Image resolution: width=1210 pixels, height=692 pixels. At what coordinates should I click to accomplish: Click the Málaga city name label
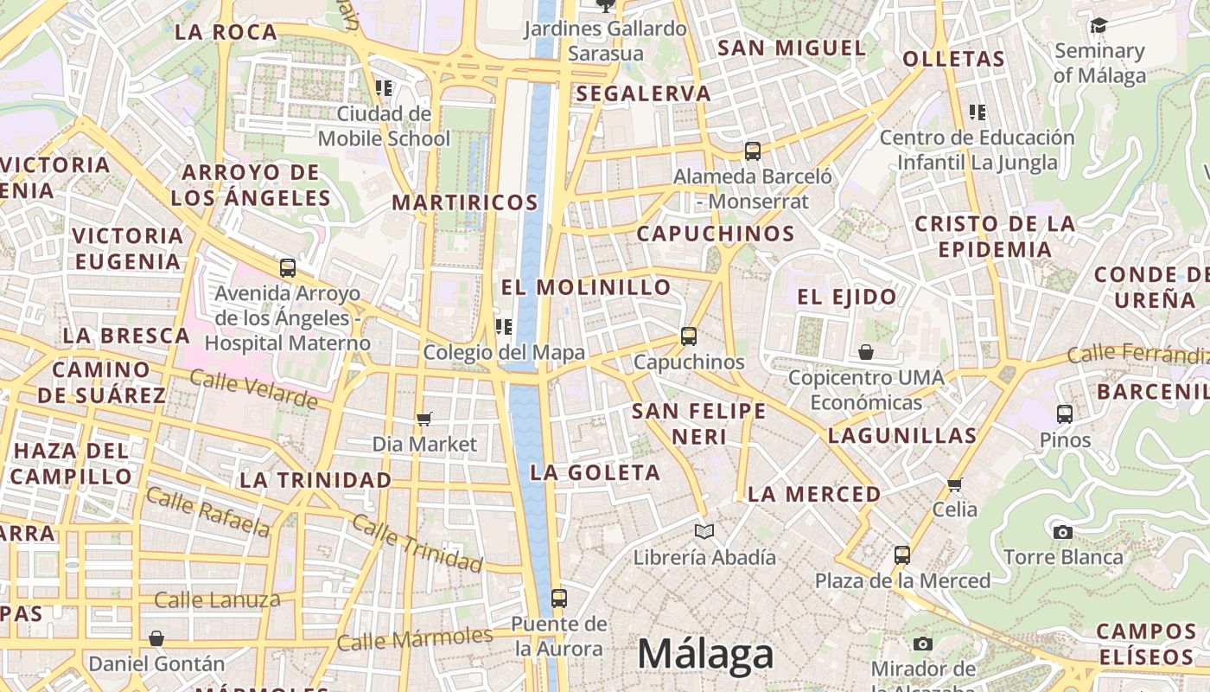[x=705, y=655]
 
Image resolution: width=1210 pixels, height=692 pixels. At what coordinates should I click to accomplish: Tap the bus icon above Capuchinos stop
[x=689, y=336]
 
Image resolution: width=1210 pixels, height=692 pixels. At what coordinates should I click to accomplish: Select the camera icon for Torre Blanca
[x=1063, y=532]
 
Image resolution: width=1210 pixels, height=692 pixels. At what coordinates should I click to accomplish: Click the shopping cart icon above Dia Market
[x=423, y=419]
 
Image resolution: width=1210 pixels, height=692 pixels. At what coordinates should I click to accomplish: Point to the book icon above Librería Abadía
[x=704, y=531]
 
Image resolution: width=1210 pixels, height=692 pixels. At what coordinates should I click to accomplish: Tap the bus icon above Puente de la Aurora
[x=559, y=598]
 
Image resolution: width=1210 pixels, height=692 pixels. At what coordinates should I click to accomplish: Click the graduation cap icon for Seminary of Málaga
[x=1099, y=26]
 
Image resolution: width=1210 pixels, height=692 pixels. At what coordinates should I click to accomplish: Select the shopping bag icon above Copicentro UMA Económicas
[x=865, y=352]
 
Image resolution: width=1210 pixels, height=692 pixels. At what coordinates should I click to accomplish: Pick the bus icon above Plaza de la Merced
[x=902, y=554]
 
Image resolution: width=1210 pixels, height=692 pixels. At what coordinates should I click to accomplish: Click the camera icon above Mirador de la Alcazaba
[x=923, y=644]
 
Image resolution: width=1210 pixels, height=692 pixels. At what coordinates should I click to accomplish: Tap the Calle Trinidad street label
[x=417, y=544]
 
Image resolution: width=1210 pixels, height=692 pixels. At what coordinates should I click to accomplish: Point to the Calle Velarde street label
[x=253, y=389]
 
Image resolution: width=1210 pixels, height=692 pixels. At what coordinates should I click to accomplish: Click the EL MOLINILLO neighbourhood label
[x=586, y=287]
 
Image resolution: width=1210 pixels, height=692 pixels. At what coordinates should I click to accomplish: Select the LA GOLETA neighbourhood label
[x=595, y=472]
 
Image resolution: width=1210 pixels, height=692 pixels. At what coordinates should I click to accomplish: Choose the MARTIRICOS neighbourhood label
[x=465, y=202]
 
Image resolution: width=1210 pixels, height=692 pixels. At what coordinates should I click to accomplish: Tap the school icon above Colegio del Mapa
[x=503, y=326]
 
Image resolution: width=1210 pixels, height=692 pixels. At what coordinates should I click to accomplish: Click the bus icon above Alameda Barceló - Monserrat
[x=753, y=151]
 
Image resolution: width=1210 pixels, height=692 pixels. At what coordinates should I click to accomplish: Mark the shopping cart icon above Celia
[x=955, y=484]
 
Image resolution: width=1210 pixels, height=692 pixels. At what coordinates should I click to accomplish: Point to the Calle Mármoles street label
[x=415, y=638]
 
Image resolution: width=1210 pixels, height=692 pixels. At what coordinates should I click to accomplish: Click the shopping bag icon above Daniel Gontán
[x=156, y=638]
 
